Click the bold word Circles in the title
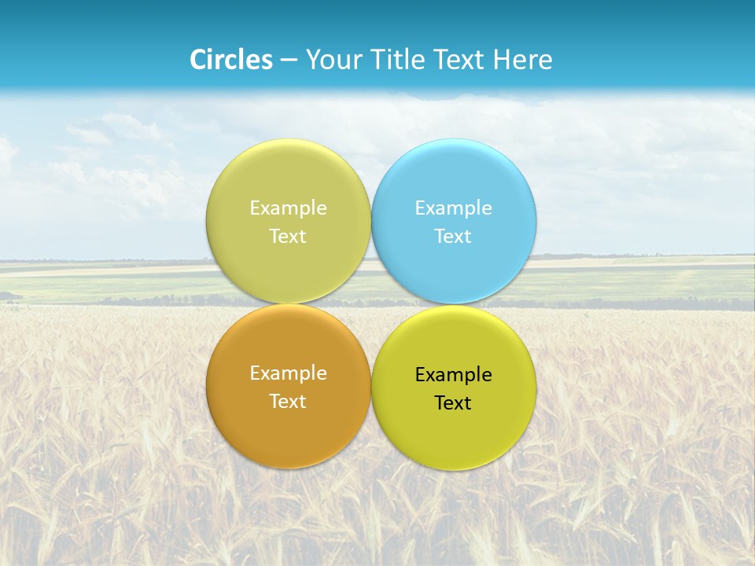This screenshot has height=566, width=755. [231, 60]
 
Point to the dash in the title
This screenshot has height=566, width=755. [289, 61]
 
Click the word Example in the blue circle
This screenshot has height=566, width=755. [454, 208]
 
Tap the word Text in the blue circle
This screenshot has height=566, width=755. [454, 236]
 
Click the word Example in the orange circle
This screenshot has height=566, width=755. [289, 373]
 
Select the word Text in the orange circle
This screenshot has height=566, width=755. [289, 401]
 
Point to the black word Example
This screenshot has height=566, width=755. [454, 374]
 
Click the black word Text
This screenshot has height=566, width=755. [454, 402]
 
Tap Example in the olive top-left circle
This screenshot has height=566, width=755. [289, 208]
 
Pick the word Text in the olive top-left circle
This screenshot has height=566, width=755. [289, 236]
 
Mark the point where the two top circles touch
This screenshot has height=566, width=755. [371, 221]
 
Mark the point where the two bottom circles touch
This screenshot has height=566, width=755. [371, 387]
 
